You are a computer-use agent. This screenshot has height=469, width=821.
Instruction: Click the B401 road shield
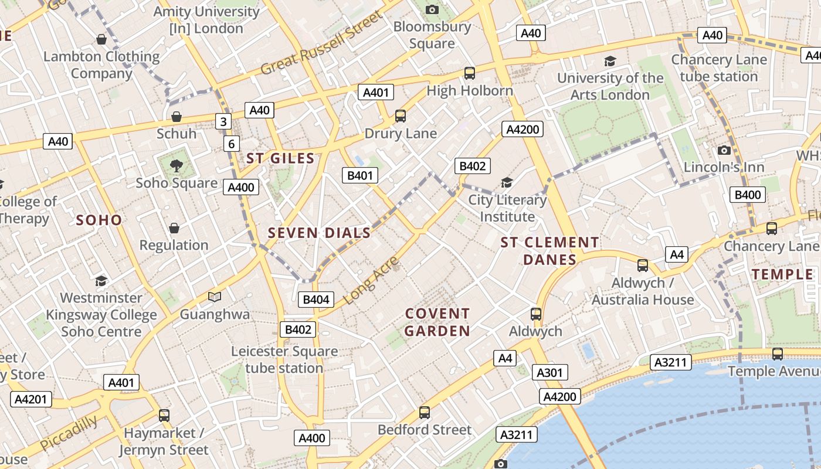pyautogui.click(x=360, y=175)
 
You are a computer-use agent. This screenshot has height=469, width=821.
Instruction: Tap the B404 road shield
pyautogui.click(x=315, y=300)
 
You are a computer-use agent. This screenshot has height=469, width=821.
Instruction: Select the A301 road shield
pyautogui.click(x=549, y=372)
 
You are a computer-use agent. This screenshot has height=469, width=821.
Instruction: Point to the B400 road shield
pyautogui.click(x=748, y=195)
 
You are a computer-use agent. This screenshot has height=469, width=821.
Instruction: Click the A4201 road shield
pyautogui.click(x=31, y=399)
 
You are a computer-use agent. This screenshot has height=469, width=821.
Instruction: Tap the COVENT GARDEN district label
pyautogui.click(x=437, y=322)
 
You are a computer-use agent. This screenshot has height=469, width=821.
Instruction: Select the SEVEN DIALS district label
pyautogui.click(x=320, y=233)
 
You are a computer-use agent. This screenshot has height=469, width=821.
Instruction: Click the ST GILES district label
pyautogui.click(x=280, y=158)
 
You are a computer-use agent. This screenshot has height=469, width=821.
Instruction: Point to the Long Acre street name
pyautogui.click(x=371, y=280)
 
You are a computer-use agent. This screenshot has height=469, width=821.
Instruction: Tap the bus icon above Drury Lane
pyautogui.click(x=401, y=116)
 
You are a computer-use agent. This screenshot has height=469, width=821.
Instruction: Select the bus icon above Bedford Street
pyautogui.click(x=425, y=413)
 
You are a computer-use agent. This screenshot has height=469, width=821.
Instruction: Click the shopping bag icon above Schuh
pyautogui.click(x=177, y=117)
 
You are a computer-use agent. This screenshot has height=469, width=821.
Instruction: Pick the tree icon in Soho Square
pyautogui.click(x=177, y=166)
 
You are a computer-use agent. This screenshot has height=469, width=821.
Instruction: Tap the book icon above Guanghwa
pyautogui.click(x=215, y=297)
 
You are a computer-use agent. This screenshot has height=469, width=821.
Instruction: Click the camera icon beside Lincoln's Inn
pyautogui.click(x=724, y=150)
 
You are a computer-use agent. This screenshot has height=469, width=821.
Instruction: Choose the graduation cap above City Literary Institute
pyautogui.click(x=507, y=183)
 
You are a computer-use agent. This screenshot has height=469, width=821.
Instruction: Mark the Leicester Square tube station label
pyautogui.click(x=284, y=359)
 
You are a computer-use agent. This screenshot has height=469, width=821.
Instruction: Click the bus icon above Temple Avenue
pyautogui.click(x=778, y=354)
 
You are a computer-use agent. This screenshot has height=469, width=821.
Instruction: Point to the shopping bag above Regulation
pyautogui.click(x=174, y=228)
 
